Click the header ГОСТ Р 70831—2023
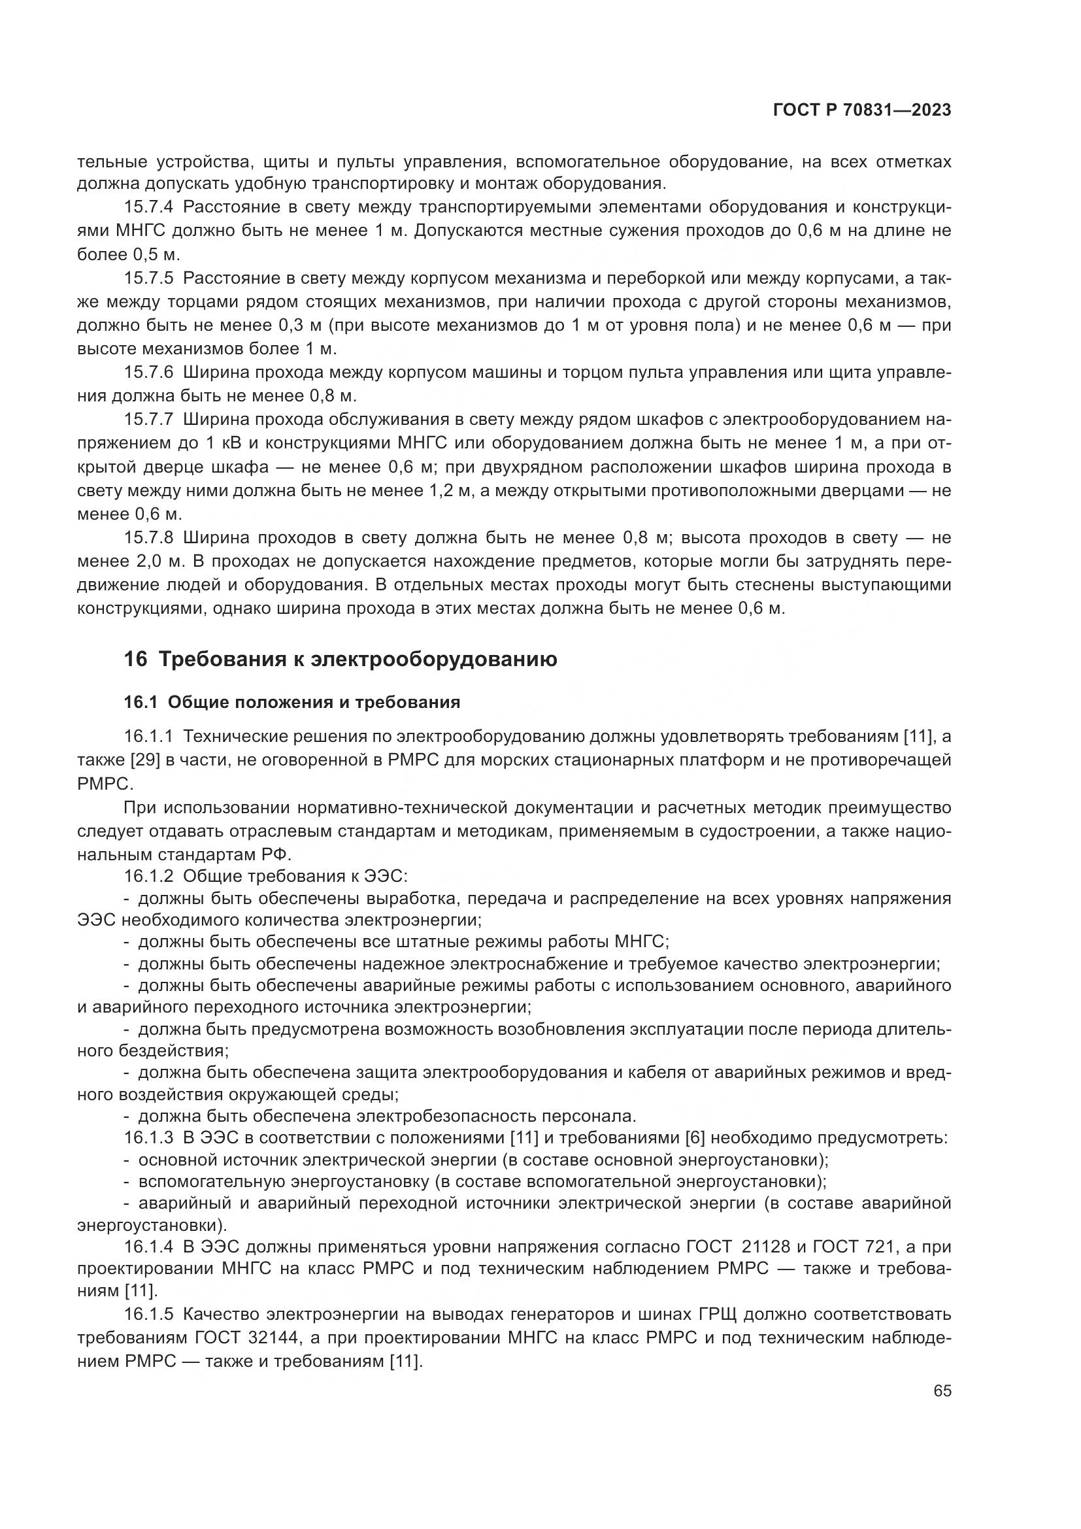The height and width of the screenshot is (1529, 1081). (861, 110)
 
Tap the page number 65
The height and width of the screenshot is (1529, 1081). (942, 1391)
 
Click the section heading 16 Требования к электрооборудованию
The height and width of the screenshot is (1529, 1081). (340, 660)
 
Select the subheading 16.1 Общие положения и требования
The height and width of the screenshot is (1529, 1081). (292, 702)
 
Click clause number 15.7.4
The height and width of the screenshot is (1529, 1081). (148, 207)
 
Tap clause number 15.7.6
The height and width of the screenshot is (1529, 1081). (148, 372)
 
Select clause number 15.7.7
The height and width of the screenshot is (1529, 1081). (148, 420)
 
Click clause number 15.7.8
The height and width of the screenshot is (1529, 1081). (148, 537)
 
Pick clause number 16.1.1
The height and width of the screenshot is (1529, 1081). (148, 737)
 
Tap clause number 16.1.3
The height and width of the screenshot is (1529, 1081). (148, 1138)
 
